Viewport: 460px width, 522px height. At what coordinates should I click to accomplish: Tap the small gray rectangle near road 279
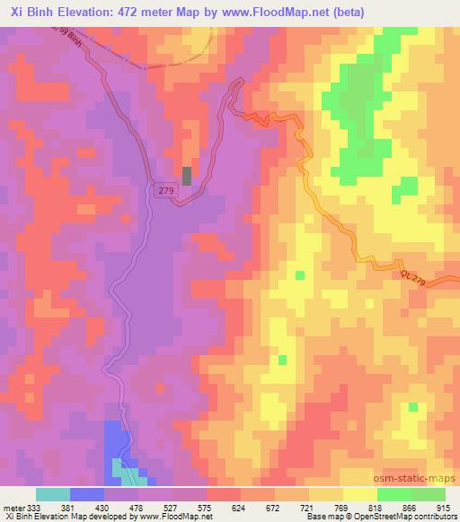tap(187, 176)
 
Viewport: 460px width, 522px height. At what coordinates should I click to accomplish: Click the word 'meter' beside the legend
tap(13, 507)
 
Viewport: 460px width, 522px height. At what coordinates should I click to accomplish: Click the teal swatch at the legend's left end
tap(53, 494)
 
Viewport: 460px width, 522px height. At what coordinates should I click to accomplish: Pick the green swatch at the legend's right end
tap(428, 494)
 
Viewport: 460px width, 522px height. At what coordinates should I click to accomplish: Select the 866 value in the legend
tap(411, 507)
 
